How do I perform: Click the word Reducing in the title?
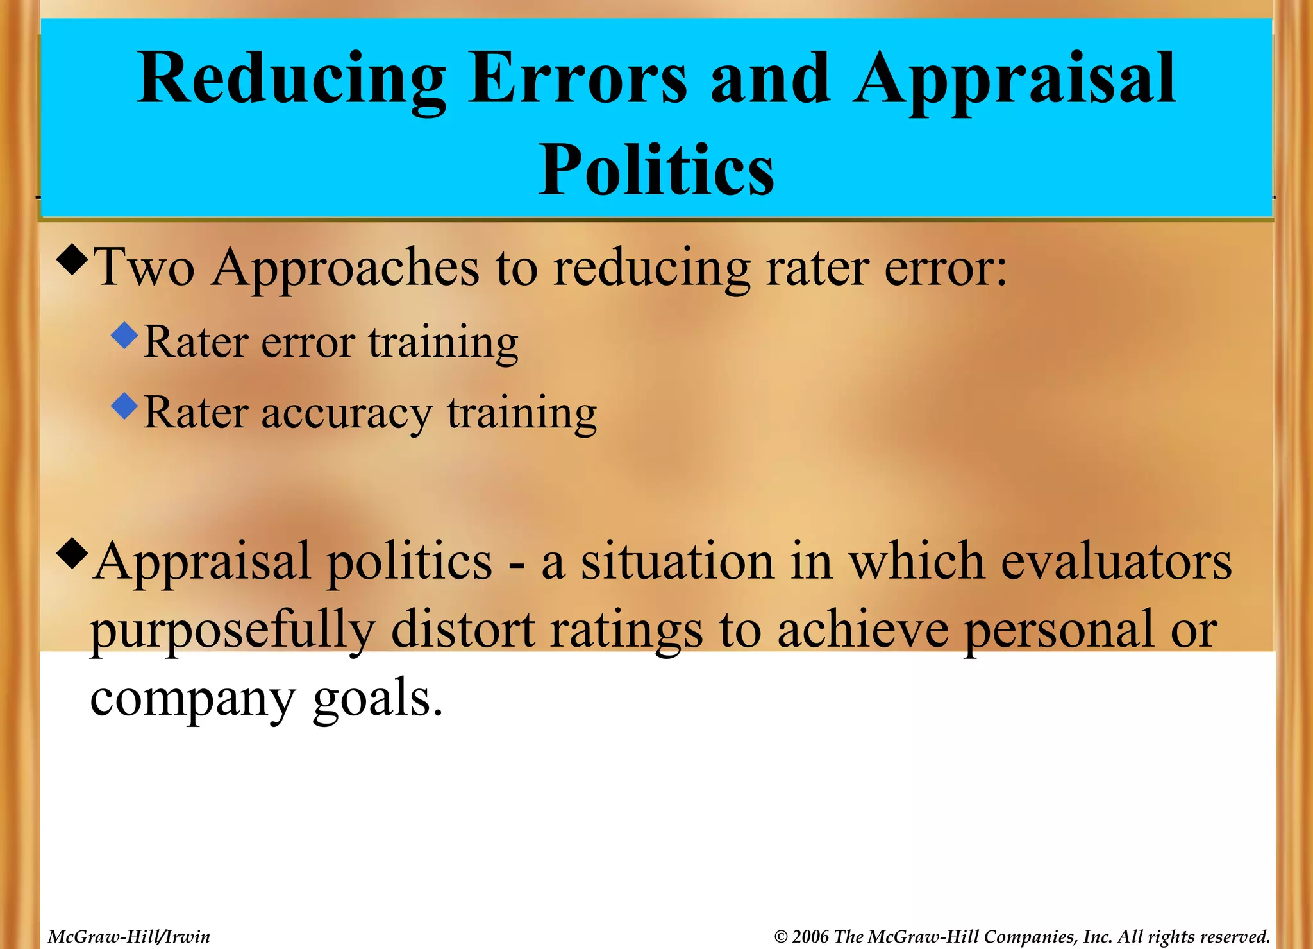pos(291,80)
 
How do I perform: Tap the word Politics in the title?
pos(656,170)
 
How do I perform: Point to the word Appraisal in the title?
pos(1014,80)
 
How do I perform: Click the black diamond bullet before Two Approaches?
pos(72,260)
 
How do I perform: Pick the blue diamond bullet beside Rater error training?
pos(124,335)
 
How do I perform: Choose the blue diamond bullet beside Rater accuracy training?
pos(124,406)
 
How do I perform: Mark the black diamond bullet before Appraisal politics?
pos(72,554)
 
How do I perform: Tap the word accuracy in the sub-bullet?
pos(346,414)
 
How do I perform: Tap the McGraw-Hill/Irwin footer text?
pos(129,937)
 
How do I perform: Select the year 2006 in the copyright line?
pos(810,937)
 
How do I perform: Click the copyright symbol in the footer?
pos(780,937)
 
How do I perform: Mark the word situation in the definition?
pos(677,561)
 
